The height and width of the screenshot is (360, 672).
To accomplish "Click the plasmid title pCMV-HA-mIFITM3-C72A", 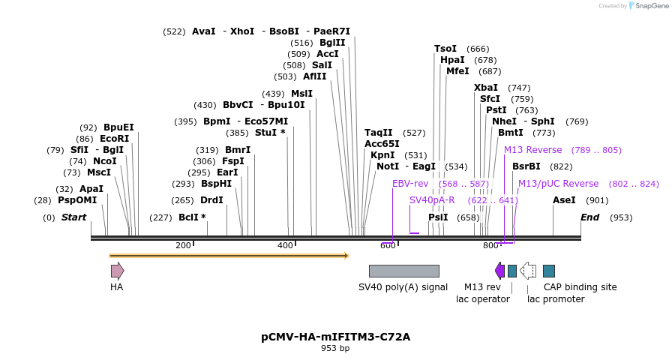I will (x=335, y=337).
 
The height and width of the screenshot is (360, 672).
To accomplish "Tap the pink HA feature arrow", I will (x=117, y=271).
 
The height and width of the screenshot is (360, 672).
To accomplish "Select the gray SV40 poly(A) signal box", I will (x=403, y=271).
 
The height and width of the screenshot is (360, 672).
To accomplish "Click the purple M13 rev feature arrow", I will (x=499, y=271).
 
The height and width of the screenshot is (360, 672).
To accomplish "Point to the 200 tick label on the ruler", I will (x=183, y=246).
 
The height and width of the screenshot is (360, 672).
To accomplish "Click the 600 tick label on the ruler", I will (x=388, y=246).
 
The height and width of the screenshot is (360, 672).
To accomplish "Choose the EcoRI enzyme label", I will (x=114, y=139).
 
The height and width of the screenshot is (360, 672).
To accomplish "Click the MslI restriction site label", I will (x=301, y=94).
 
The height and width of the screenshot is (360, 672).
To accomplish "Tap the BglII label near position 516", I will (x=332, y=43).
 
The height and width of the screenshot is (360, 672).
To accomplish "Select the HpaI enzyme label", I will (x=452, y=60).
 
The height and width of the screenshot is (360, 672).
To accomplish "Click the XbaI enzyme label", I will (x=486, y=88).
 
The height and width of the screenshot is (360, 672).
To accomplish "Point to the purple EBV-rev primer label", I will (x=410, y=184).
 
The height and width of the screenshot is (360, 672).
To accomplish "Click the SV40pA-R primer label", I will (x=432, y=200).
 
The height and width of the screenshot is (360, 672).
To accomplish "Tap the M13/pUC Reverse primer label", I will (x=558, y=184).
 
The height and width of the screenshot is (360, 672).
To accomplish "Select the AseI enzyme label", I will (x=564, y=200).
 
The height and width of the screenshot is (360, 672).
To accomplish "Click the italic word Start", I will (x=73, y=217).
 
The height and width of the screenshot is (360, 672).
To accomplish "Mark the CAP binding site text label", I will (x=580, y=286).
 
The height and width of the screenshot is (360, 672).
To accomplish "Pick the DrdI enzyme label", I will (x=211, y=200).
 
